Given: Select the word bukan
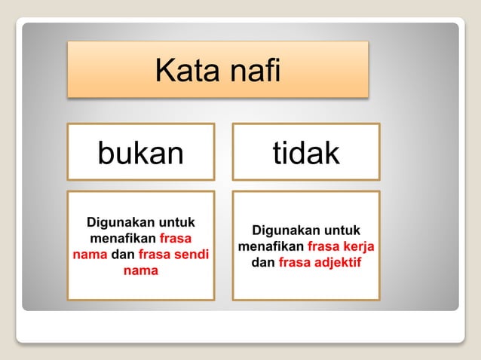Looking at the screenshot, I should click(141, 153).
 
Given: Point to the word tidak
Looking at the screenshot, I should click(306, 153).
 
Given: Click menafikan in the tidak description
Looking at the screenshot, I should click(271, 247).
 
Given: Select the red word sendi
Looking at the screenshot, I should click(192, 255).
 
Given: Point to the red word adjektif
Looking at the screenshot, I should click(336, 263).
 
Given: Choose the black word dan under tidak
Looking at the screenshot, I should click(263, 263).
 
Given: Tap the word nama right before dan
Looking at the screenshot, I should click(90, 255).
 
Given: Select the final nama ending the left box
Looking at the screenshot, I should click(140, 270).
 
